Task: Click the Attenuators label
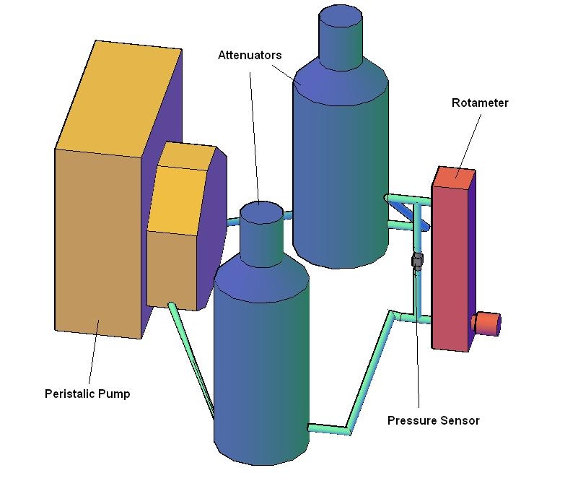point(250,56)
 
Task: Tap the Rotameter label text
point(480,103)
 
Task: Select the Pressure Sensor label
point(433,421)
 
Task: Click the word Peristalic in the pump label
point(65,394)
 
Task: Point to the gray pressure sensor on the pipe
point(417,260)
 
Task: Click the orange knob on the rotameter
point(486,324)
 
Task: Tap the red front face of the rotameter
point(450,269)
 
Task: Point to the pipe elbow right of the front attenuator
point(348,430)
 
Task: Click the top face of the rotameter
point(454,178)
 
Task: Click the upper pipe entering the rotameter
point(408,199)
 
